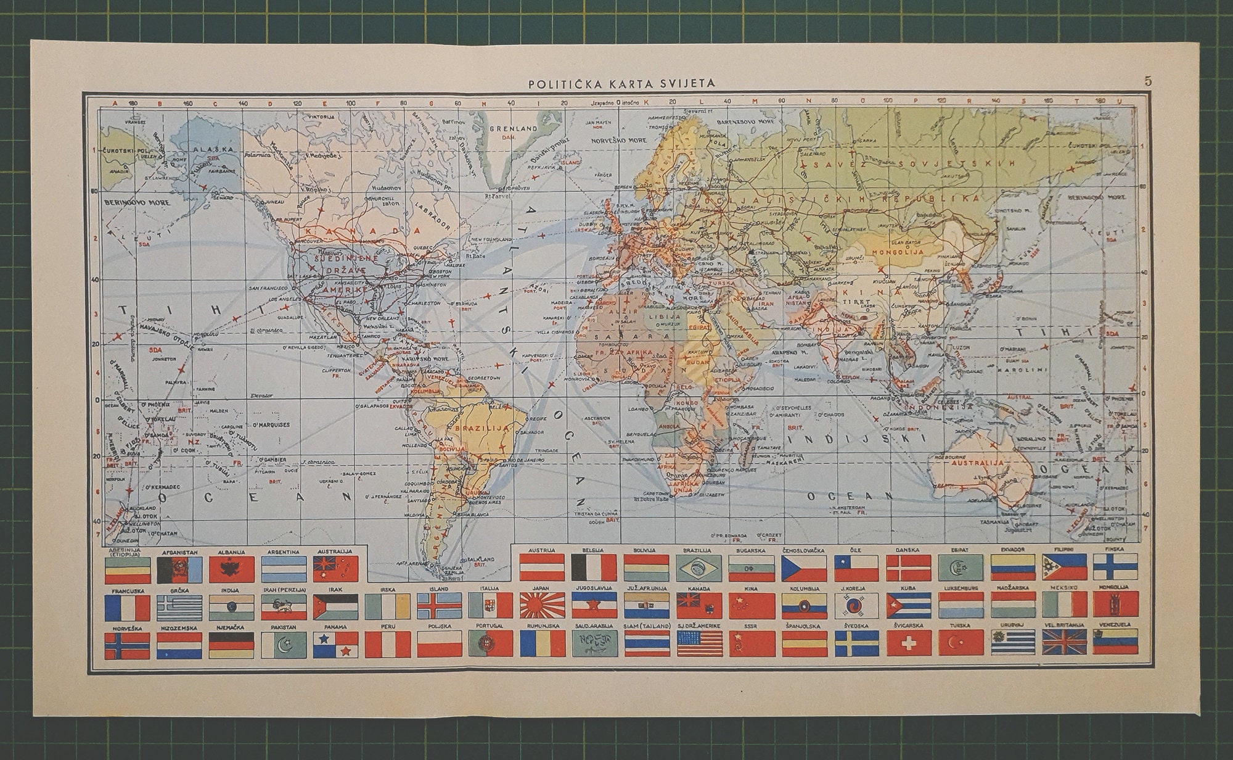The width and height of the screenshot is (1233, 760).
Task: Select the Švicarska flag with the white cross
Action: (909, 644)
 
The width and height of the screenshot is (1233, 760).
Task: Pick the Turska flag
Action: (961, 644)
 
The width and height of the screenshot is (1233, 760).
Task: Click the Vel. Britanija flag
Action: (1065, 644)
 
